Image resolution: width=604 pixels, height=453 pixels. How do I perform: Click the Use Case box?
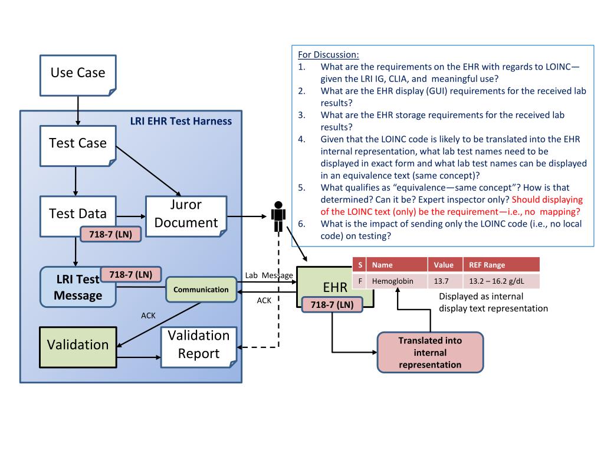click(78, 75)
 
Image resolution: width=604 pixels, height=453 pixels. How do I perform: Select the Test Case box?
click(78, 146)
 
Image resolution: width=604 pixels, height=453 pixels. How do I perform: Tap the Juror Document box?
click(186, 216)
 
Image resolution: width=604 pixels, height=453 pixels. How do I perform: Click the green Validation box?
click(78, 347)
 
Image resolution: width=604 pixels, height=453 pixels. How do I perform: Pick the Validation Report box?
click(199, 347)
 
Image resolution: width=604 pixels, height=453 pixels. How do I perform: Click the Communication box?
click(201, 289)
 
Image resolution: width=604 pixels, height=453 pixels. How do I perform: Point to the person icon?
click(278, 216)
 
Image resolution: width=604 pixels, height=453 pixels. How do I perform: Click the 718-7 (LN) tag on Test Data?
click(110, 234)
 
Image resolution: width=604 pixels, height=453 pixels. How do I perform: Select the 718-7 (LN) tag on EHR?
click(332, 305)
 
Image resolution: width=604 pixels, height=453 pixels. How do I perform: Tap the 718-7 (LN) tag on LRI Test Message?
click(130, 274)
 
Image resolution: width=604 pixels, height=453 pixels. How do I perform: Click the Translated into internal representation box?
click(430, 353)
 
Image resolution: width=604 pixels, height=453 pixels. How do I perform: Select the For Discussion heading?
click(328, 55)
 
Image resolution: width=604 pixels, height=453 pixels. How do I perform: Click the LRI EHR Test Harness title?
click(181, 121)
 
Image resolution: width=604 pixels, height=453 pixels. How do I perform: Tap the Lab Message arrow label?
click(269, 275)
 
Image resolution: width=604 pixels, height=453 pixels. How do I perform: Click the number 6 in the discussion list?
click(301, 224)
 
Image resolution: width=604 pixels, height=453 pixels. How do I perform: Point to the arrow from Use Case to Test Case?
click(78, 110)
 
